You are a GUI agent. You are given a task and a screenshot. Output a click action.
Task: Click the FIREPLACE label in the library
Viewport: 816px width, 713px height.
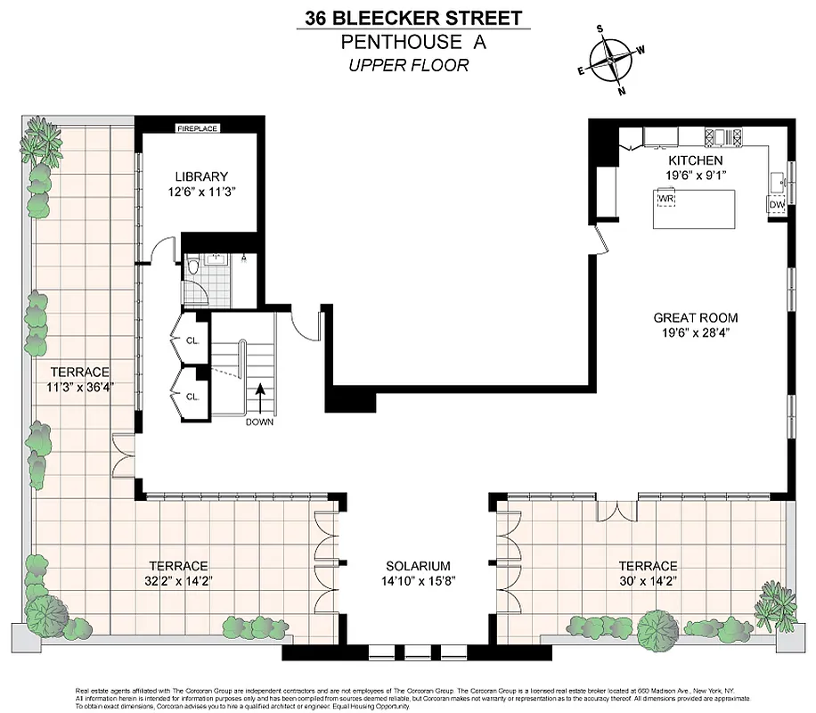197,127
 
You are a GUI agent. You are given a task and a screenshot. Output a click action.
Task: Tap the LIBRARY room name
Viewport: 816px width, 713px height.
201,176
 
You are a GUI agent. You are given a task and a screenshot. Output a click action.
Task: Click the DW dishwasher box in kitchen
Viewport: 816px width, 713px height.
777,205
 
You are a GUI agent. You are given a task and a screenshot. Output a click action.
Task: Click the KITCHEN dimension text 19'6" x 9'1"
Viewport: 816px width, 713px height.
695,175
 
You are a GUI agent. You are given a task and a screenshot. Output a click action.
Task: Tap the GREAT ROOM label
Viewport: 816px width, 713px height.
695,317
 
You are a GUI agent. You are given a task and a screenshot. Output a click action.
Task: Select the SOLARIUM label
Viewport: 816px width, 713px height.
418,566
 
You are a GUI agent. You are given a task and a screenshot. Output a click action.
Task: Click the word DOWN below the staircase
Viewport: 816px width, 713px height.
260,422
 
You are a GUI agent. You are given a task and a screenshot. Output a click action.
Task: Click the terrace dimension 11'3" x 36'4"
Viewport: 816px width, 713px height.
83,387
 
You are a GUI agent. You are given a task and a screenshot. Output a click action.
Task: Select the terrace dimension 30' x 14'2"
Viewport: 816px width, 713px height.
649,580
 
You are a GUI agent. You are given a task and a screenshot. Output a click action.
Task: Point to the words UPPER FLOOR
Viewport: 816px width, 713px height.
409,64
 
